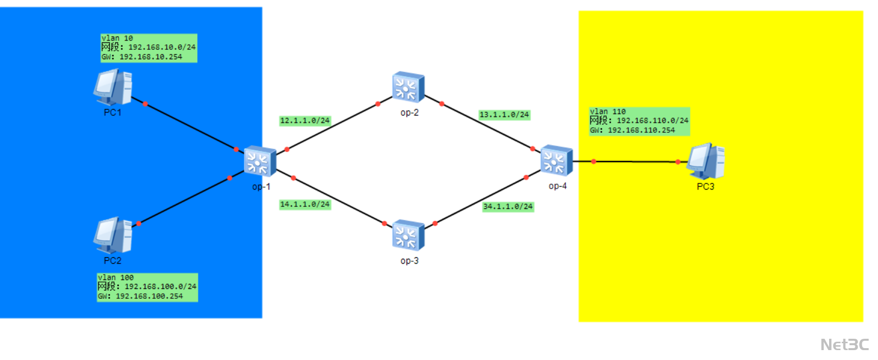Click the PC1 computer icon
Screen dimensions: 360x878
pyautogui.click(x=113, y=87)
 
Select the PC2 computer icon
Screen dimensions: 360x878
pyautogui.click(x=113, y=235)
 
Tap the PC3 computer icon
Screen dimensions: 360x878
pyautogui.click(x=706, y=161)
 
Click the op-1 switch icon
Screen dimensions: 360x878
pyautogui.click(x=260, y=161)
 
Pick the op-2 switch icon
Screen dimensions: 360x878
pyautogui.click(x=408, y=87)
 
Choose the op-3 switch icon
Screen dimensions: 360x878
pyautogui.click(x=408, y=235)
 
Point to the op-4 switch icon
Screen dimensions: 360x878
pyautogui.click(x=556, y=160)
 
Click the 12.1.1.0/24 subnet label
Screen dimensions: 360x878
pyautogui.click(x=305, y=120)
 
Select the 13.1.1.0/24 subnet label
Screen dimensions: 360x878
pyautogui.click(x=504, y=115)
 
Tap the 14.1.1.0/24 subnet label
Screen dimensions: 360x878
pyautogui.click(x=305, y=204)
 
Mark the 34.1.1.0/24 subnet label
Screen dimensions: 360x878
pyautogui.click(x=508, y=206)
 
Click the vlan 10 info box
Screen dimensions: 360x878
pyautogui.click(x=149, y=48)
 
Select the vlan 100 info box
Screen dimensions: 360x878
pyautogui.click(x=147, y=287)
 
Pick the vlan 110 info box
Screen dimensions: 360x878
pyautogui.click(x=639, y=121)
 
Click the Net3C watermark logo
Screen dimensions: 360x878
pyautogui.click(x=844, y=344)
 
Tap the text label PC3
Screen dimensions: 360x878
pyautogui.click(x=706, y=187)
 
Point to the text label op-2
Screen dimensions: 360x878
pyautogui.click(x=409, y=113)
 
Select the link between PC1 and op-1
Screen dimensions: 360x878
pyautogui.click(x=190, y=126)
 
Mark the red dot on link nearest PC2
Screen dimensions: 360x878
pyautogui.click(x=139, y=223)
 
